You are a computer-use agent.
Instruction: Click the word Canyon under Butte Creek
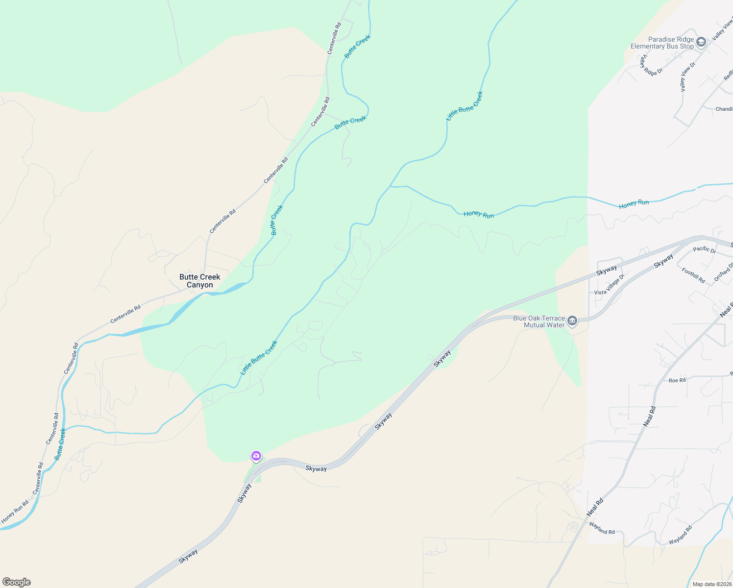pos(199,285)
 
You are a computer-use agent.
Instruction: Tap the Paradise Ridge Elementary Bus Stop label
pos(662,43)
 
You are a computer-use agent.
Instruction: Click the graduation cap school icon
pos(701,42)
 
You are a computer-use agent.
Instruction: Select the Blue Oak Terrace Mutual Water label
pos(539,321)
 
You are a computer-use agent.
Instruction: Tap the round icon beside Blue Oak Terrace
pos(572,321)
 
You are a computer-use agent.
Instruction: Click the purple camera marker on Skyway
pos(256,456)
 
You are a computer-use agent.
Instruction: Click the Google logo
pos(17,582)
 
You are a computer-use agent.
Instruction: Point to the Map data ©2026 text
pos(711,584)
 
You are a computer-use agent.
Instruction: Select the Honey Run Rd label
pos(15,512)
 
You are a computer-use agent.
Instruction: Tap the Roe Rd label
pos(677,380)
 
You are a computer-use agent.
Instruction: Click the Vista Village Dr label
pos(610,285)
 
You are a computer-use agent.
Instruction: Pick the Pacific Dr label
pos(705,249)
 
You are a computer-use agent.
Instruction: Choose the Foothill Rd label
pos(693,275)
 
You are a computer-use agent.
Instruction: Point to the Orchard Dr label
pos(723,272)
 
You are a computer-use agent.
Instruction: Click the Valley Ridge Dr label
pos(651,65)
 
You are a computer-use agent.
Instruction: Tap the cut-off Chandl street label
pos(724,109)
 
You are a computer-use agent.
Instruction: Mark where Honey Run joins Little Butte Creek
pos(391,186)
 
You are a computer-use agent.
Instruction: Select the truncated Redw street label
pos(728,74)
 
